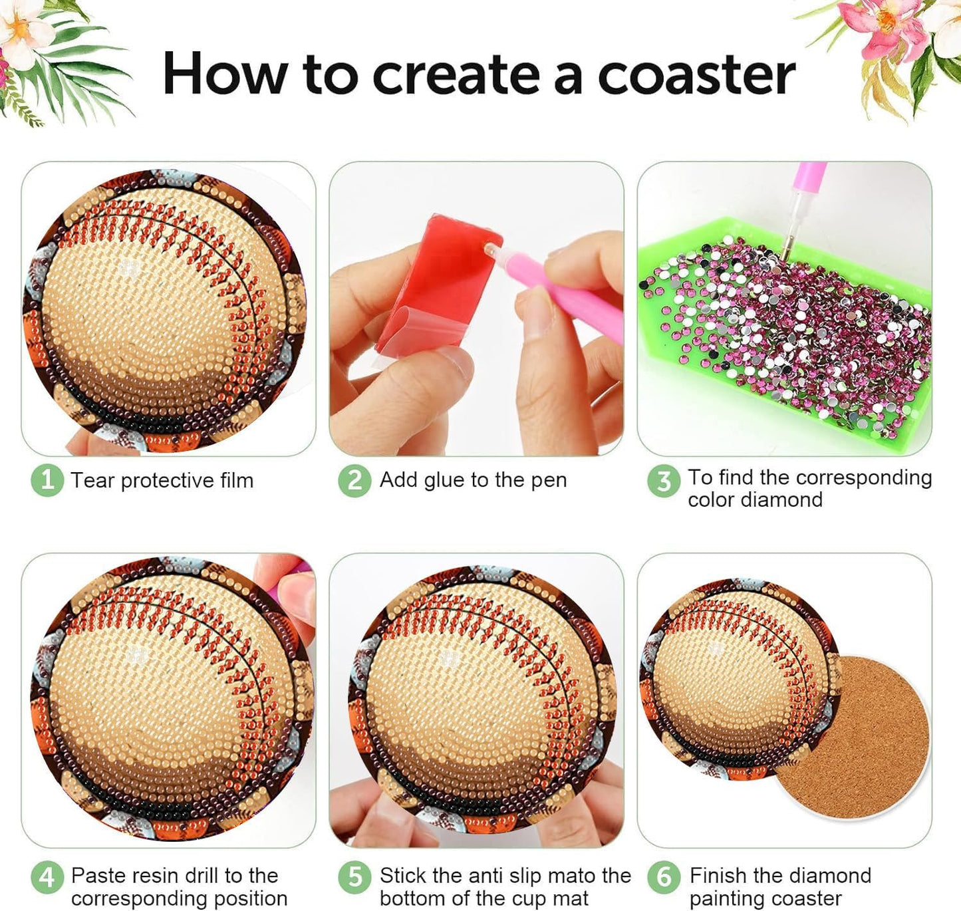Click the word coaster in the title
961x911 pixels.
(696, 74)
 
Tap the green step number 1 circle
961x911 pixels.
(47, 480)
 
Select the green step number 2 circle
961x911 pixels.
(354, 480)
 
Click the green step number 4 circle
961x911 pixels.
(47, 878)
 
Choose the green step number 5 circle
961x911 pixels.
(354, 878)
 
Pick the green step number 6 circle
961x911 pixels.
(663, 878)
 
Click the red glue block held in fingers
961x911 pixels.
(439, 279)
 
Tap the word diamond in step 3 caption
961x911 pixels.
(791, 499)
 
